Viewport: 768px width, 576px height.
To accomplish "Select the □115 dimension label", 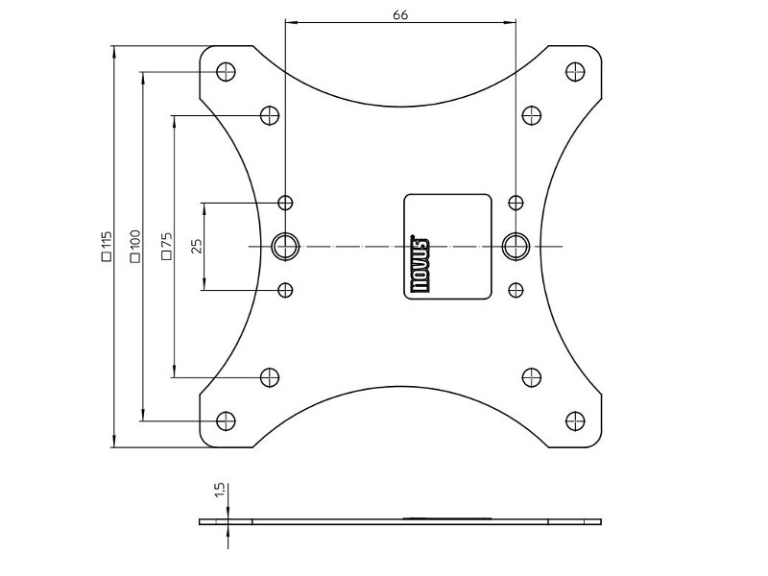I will click(107, 246).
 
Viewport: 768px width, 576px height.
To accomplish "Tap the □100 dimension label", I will click(134, 246).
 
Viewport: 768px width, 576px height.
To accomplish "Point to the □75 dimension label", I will click(166, 246).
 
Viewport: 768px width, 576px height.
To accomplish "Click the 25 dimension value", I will click(197, 246).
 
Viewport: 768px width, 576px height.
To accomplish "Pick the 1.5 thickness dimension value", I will click(220, 491).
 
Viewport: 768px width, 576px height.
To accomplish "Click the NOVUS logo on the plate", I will click(420, 258).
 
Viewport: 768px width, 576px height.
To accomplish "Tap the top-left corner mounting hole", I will click(227, 71).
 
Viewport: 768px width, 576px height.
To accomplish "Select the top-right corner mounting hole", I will click(575, 71).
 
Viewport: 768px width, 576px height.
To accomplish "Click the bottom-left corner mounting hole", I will click(227, 420).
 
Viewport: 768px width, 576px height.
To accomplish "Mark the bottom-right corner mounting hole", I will click(575, 420).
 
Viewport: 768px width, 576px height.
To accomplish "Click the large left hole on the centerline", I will click(285, 246).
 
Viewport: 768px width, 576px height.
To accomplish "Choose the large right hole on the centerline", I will click(516, 246).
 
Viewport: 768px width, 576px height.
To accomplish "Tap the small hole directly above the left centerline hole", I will click(285, 203).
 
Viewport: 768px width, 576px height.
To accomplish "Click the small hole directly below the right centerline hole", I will click(516, 289).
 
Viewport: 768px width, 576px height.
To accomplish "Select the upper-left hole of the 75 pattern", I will click(271, 116).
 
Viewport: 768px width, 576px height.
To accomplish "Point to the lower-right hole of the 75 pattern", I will click(531, 377).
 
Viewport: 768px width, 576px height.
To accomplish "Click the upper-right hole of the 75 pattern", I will click(531, 116).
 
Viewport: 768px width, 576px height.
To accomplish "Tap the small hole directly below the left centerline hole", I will click(285, 289).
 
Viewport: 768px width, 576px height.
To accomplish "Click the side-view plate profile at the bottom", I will click(400, 522).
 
